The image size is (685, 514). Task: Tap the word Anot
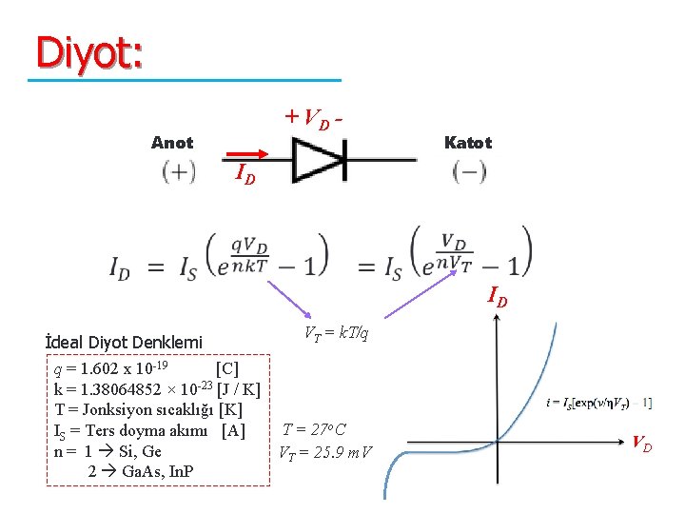[172, 143]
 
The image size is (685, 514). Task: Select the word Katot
[468, 143]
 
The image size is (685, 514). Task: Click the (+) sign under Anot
[179, 172]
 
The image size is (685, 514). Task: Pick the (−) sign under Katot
[470, 172]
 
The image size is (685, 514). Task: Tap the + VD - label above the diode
[315, 118]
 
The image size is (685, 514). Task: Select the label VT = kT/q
[335, 334]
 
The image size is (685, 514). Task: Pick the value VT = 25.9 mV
[324, 451]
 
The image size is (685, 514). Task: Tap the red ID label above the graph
[497, 298]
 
